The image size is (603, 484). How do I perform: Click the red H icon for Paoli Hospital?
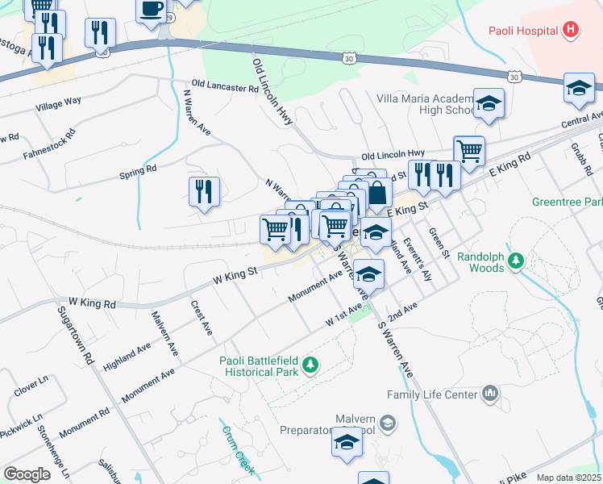pyautogui.click(x=571, y=31)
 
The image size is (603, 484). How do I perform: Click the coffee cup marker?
pyautogui.click(x=151, y=10)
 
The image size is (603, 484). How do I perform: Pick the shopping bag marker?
pyautogui.click(x=377, y=194)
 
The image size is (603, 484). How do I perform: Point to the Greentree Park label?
pyautogui.click(x=567, y=201)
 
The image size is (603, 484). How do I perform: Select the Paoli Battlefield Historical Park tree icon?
pyautogui.click(x=309, y=367)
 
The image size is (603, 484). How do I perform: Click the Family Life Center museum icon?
pyautogui.click(x=489, y=394)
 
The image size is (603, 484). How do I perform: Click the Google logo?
pyautogui.click(x=27, y=474)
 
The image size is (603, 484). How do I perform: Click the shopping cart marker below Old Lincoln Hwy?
pyautogui.click(x=468, y=149)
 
